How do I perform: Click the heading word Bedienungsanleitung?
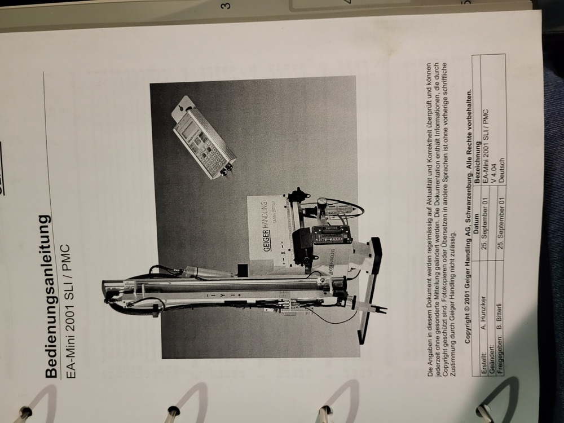(51, 296)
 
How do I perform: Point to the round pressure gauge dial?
(321, 202)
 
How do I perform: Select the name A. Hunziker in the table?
(480, 313)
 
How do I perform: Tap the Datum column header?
(472, 223)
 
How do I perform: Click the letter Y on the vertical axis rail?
(223, 295)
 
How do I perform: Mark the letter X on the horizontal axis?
(284, 253)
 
